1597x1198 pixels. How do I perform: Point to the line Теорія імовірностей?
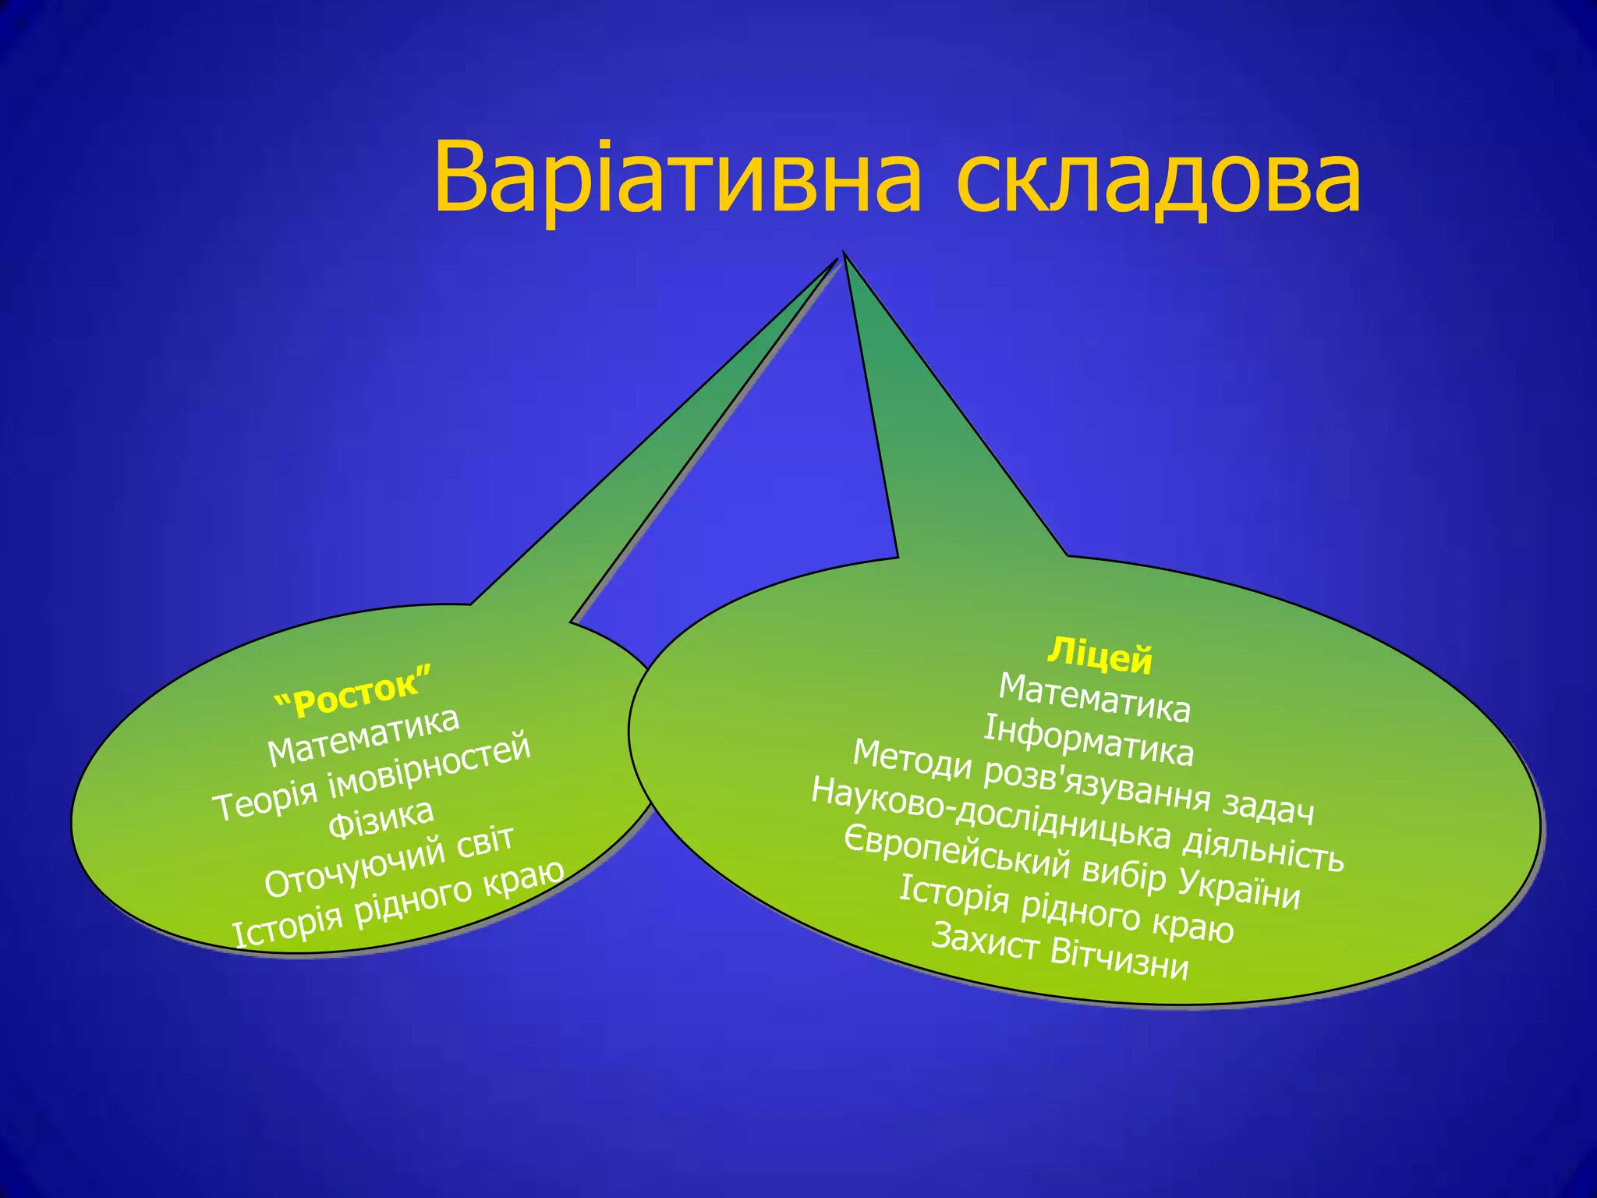coord(372,778)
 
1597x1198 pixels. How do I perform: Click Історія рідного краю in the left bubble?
coord(398,905)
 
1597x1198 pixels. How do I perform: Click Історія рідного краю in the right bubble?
coord(1066,909)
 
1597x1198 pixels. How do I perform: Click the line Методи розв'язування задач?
coord(1083,782)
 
